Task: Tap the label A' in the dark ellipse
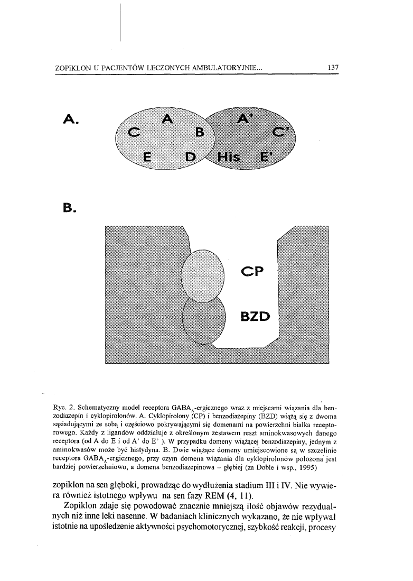244,120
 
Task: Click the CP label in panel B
255,271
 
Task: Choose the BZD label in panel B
255,317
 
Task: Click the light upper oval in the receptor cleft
203,273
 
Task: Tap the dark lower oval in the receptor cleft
203,319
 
